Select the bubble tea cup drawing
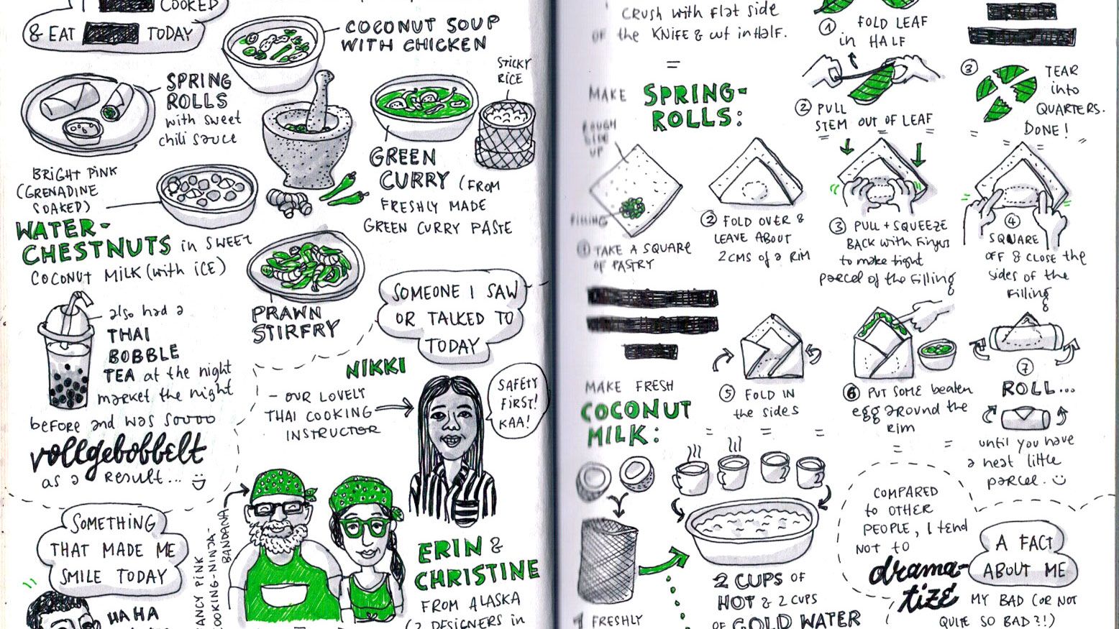pos(67,356)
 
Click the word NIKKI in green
pos(375,369)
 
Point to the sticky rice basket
pos(506,134)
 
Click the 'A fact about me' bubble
pos(1023,557)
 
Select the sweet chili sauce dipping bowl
pos(81,130)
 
